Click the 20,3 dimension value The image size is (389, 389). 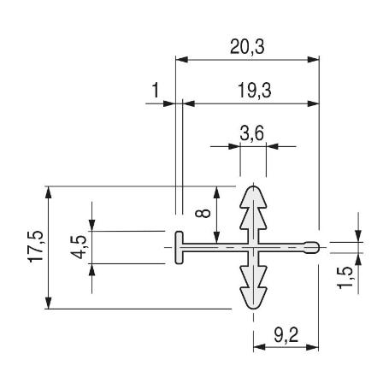[247, 47]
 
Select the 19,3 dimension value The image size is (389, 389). [254, 91]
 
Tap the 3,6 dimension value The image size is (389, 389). [252, 133]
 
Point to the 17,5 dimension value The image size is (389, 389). [36, 246]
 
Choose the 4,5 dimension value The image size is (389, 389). [79, 247]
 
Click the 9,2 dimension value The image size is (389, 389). [286, 335]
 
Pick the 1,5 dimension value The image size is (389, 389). [345, 278]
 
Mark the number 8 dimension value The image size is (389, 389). [203, 213]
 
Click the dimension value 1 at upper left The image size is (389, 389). [156, 91]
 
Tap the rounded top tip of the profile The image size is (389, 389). [253, 187]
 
